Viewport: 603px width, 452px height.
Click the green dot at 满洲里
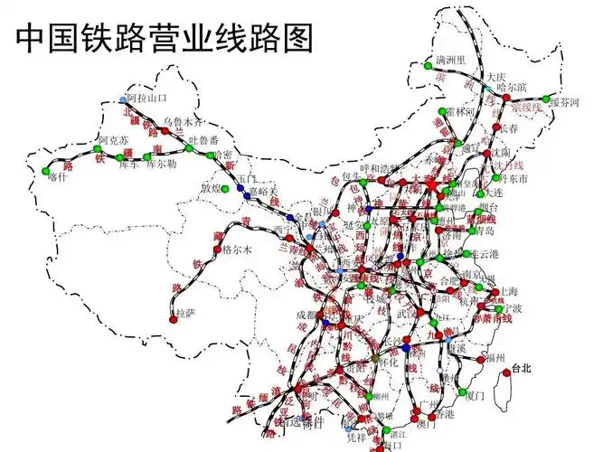pyautogui.click(x=429, y=65)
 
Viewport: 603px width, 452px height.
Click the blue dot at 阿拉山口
pyautogui.click(x=124, y=99)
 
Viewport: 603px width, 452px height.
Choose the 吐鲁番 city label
pyautogui.click(x=203, y=140)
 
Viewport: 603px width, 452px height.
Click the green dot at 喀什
pyautogui.click(x=45, y=170)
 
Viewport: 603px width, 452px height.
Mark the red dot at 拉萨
pyautogui.click(x=173, y=319)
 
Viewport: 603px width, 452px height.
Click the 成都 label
pyautogui.click(x=307, y=315)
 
